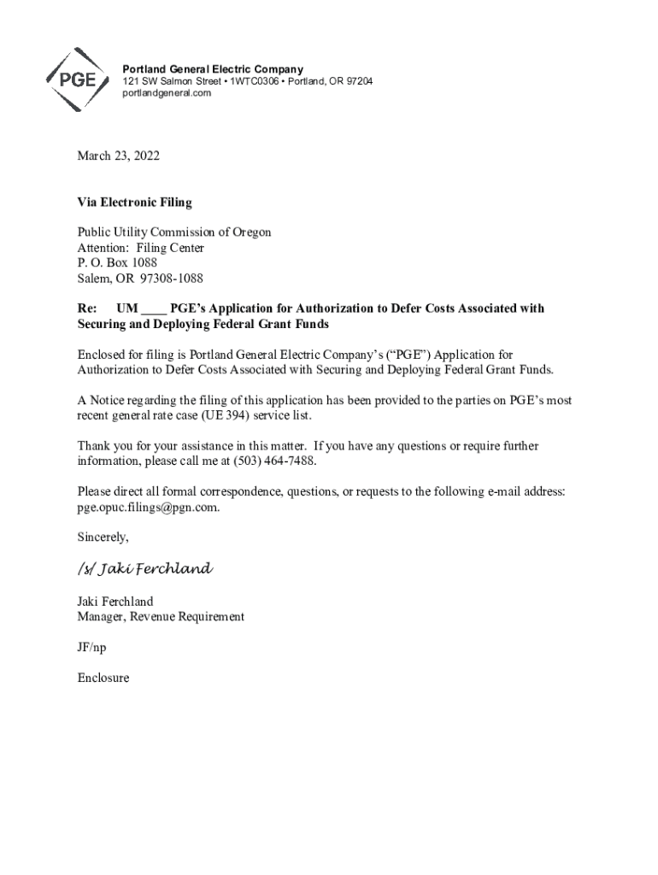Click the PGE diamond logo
(76, 79)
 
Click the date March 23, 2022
(118, 156)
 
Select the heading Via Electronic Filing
(134, 203)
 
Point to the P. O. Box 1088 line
(117, 263)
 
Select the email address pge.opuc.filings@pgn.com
(147, 508)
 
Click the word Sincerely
(103, 537)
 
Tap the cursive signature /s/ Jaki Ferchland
(144, 569)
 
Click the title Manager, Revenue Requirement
(161, 616)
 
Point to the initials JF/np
(92, 647)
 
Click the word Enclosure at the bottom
(103, 678)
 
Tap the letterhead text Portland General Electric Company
(213, 69)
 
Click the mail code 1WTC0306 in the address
(250, 81)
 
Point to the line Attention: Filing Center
(141, 248)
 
